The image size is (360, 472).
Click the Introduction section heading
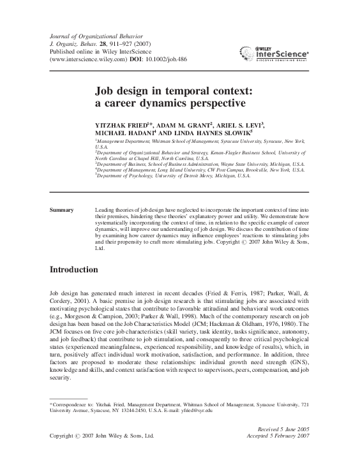point(73,270)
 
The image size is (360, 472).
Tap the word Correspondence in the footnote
point(74,404)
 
